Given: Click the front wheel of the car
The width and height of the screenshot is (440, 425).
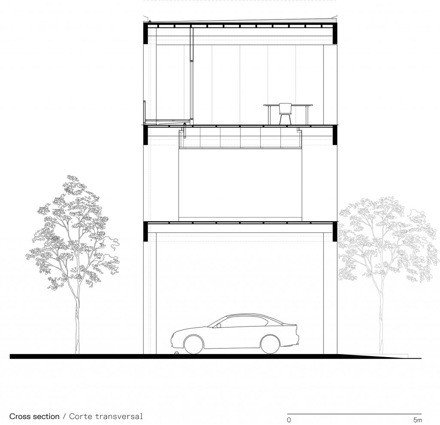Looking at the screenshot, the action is coord(194,344).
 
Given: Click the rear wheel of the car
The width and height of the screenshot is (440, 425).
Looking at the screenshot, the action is coord(270,344).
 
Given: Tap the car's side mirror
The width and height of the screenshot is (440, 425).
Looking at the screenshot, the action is coord(219,326).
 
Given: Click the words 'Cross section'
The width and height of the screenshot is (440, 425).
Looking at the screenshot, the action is coord(34,416).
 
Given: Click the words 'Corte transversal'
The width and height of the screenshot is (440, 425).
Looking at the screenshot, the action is coord(106,416).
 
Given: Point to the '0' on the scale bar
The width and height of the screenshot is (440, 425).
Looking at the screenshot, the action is coord(289,420).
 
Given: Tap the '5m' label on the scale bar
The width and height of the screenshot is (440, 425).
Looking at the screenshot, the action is coord(418,420).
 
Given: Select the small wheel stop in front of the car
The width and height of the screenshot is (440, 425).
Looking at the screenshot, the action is coord(177,353).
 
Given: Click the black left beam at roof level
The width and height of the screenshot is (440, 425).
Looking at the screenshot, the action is coord(146,33).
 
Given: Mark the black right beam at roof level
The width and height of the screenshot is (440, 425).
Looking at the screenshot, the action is coord(335,33).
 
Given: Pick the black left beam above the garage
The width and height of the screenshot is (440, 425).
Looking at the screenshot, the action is coord(146,231).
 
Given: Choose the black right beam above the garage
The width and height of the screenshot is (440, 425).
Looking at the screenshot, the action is coord(335,231).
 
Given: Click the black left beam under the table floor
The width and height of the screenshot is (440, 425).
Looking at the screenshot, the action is coord(146,135).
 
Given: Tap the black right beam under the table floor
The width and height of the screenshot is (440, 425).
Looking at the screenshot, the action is coord(335,135).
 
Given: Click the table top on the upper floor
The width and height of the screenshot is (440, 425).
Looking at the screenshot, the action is coord(288,105).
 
